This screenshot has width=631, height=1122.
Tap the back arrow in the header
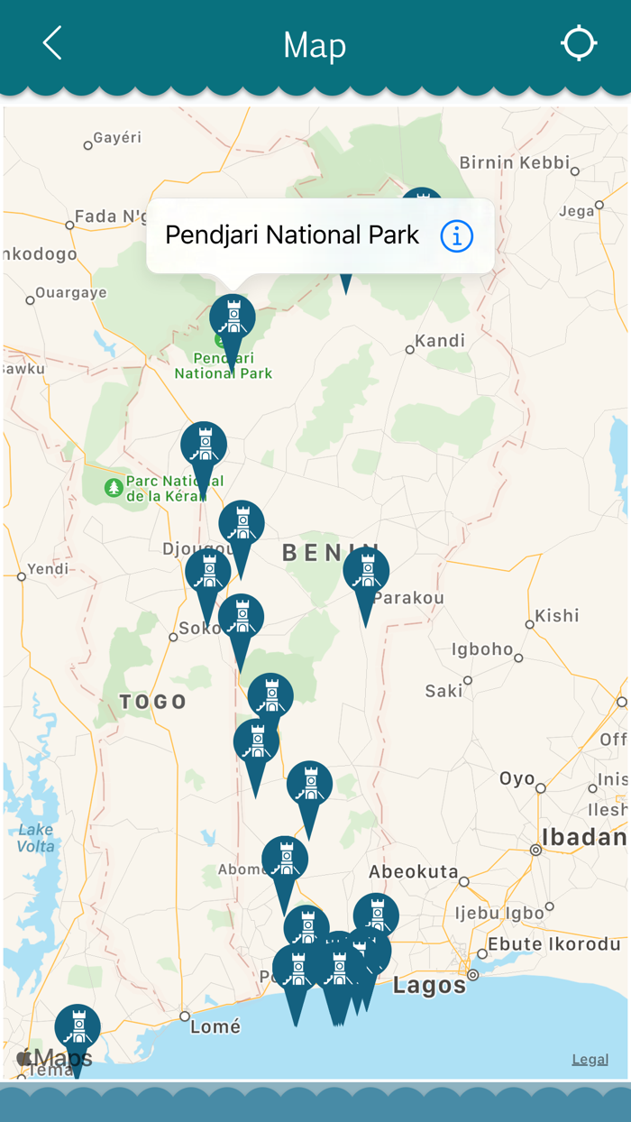(52, 43)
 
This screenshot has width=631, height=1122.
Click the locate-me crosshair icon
(579, 43)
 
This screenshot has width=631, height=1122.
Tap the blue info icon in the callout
(457, 236)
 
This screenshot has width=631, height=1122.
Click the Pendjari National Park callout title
(292, 235)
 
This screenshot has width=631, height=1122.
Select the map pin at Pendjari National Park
(233, 319)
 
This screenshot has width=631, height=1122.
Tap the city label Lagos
(429, 986)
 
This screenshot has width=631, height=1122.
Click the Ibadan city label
(583, 837)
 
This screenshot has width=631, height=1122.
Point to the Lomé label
(216, 1026)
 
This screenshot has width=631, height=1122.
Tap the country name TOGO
(153, 701)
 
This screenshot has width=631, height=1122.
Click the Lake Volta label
(36, 838)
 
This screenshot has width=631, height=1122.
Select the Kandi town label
(441, 341)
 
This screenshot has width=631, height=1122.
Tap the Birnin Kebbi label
(515, 162)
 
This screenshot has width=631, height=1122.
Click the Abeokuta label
(414, 871)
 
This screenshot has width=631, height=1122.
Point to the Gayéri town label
(117, 138)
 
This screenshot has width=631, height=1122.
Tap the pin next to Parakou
(366, 572)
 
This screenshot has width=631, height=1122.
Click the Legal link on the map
(590, 1059)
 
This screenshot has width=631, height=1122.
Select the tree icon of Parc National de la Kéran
(114, 488)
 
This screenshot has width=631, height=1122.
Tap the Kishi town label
(557, 616)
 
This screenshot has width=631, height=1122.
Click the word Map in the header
(315, 45)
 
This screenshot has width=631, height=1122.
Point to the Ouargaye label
(70, 293)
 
